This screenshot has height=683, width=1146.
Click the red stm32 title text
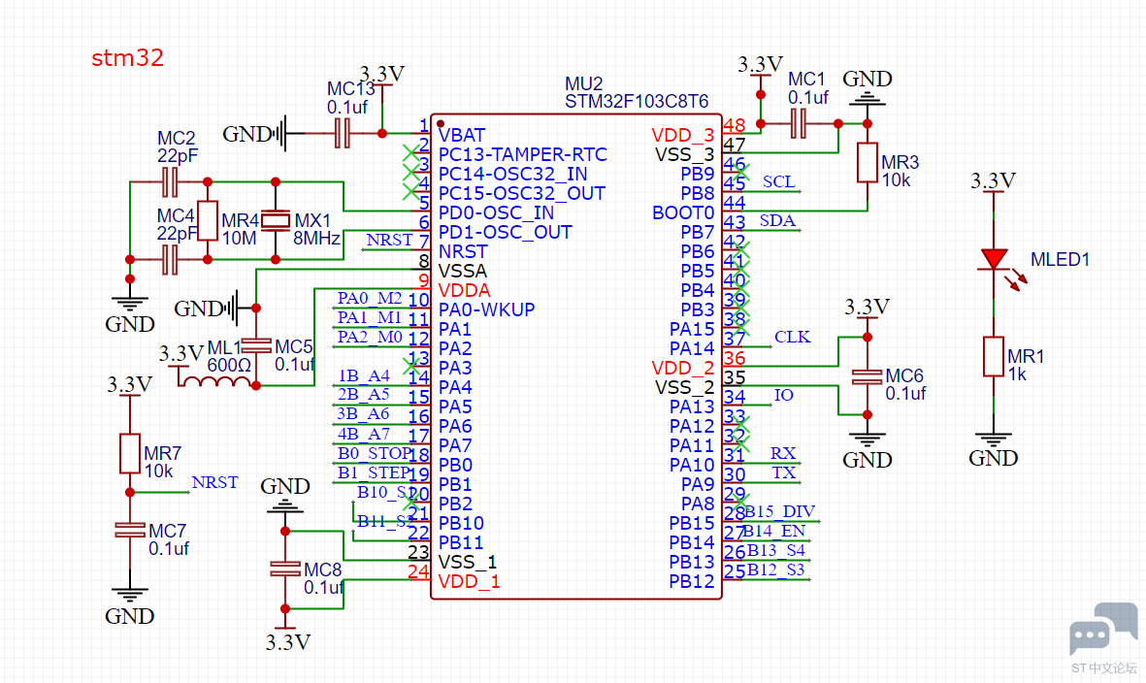(x=127, y=58)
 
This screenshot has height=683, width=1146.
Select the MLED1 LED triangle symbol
(x=993, y=259)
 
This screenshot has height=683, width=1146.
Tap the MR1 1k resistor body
(x=993, y=356)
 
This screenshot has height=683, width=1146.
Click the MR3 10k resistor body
(x=868, y=163)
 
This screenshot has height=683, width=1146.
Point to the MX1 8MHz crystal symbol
(x=277, y=220)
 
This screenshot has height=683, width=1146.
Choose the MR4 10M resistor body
(x=208, y=220)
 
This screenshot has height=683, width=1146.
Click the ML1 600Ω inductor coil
(x=215, y=381)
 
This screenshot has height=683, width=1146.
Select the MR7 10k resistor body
(x=130, y=453)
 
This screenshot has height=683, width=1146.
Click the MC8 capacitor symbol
(x=284, y=569)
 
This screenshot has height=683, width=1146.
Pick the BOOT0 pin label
(x=683, y=212)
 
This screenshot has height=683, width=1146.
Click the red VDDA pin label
(x=464, y=290)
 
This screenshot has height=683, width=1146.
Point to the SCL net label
(x=778, y=181)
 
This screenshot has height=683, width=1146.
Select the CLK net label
(x=792, y=337)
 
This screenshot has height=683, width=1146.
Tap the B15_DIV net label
(x=780, y=511)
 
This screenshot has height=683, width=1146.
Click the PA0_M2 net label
(x=370, y=298)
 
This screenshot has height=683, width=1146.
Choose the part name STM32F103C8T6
(x=637, y=101)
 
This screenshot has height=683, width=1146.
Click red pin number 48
(x=735, y=125)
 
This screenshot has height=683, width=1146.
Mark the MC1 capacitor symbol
(x=800, y=123)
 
